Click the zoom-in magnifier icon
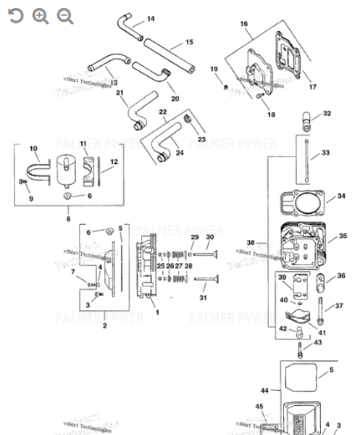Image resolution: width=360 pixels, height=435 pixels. (41, 16)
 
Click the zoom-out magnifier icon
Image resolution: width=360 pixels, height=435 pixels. (65, 16)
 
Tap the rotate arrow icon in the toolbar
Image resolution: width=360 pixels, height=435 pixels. (15, 16)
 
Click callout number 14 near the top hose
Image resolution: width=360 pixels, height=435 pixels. (151, 18)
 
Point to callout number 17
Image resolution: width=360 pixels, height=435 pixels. (313, 87)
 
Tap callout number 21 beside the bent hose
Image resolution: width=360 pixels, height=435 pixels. (120, 93)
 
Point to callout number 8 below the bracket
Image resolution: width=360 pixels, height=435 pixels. (69, 218)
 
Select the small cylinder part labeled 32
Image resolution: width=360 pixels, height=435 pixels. (308, 117)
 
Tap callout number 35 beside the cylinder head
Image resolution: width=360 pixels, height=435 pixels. (343, 236)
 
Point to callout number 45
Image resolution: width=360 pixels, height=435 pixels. (259, 406)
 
